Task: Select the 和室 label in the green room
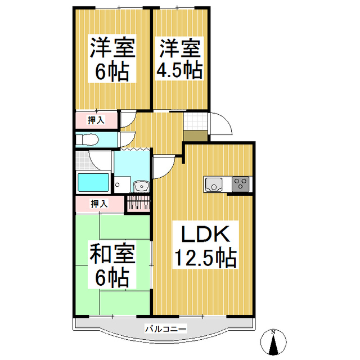112,255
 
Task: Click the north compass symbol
273,341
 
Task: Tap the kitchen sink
214,183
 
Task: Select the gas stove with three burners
241,183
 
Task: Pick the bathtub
93,182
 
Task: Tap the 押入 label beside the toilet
96,120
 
